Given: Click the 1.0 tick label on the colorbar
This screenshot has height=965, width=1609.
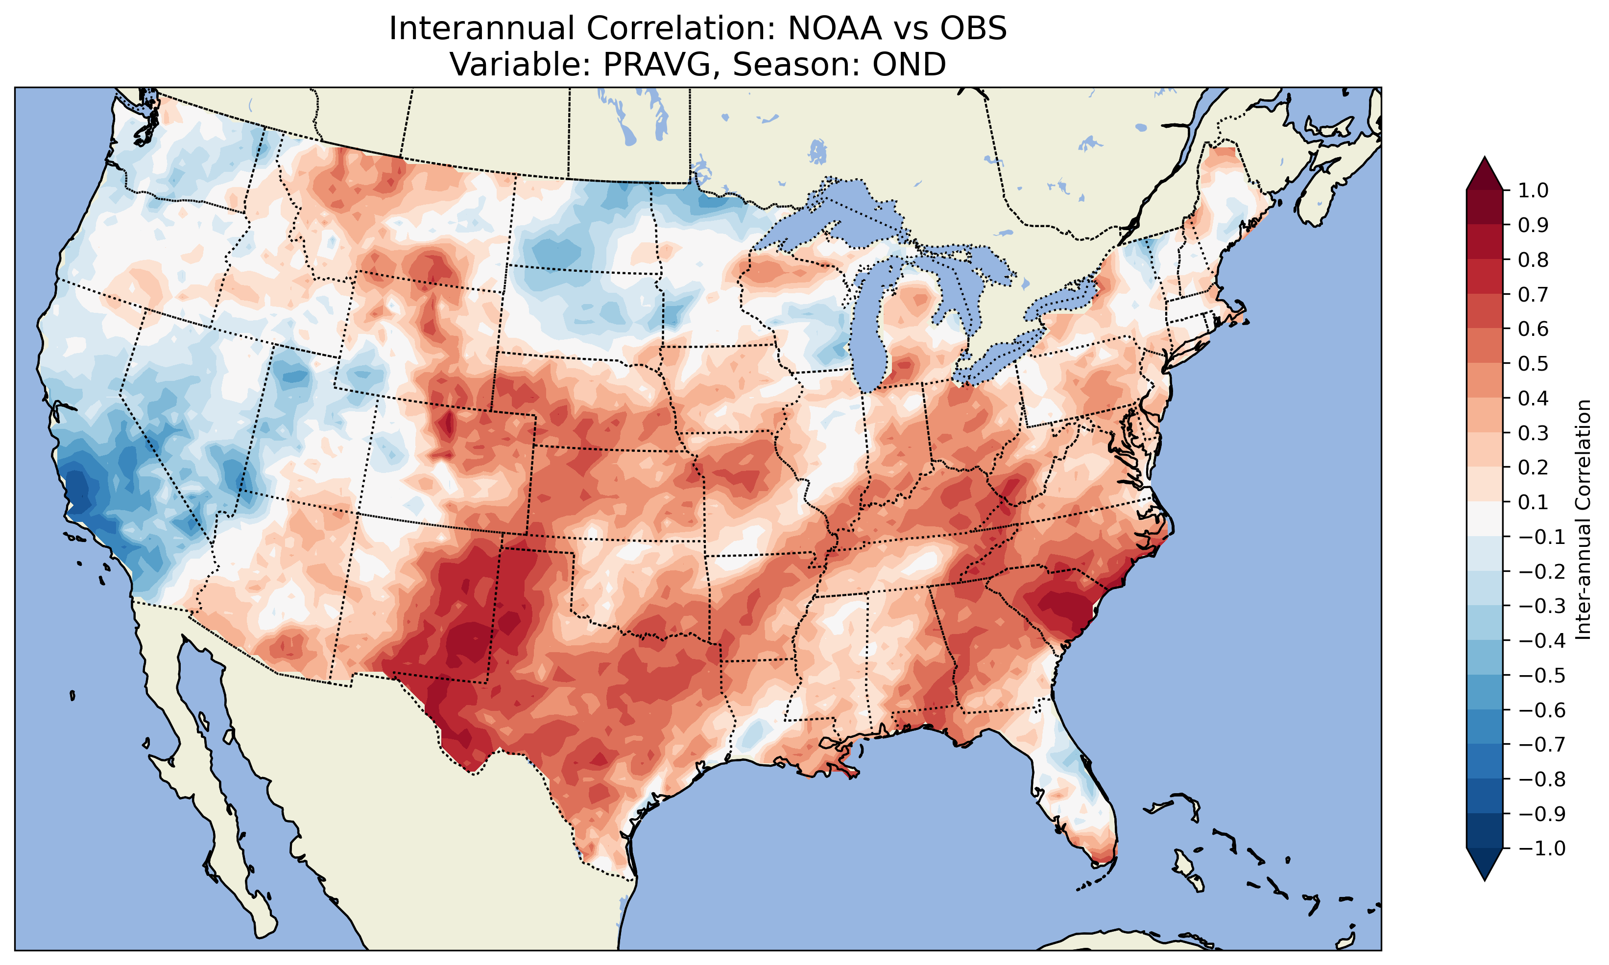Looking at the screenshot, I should click(x=1533, y=190).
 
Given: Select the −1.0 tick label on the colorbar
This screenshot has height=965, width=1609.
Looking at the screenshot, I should click(x=1541, y=848).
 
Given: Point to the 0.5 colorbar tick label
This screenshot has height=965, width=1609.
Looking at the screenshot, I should click(x=1533, y=363).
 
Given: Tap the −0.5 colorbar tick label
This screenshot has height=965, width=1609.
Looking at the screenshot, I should click(x=1541, y=675).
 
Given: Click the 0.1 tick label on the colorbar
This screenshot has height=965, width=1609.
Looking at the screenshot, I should click(x=1533, y=502).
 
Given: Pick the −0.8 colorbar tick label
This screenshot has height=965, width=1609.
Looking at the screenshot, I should click(x=1541, y=778).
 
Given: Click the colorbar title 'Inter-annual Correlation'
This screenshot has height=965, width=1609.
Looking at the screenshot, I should click(x=1584, y=519).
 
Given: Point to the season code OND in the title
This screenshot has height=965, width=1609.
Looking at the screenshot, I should click(x=909, y=64).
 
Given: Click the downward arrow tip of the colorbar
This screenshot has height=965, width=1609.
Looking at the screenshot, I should click(x=1484, y=879).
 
